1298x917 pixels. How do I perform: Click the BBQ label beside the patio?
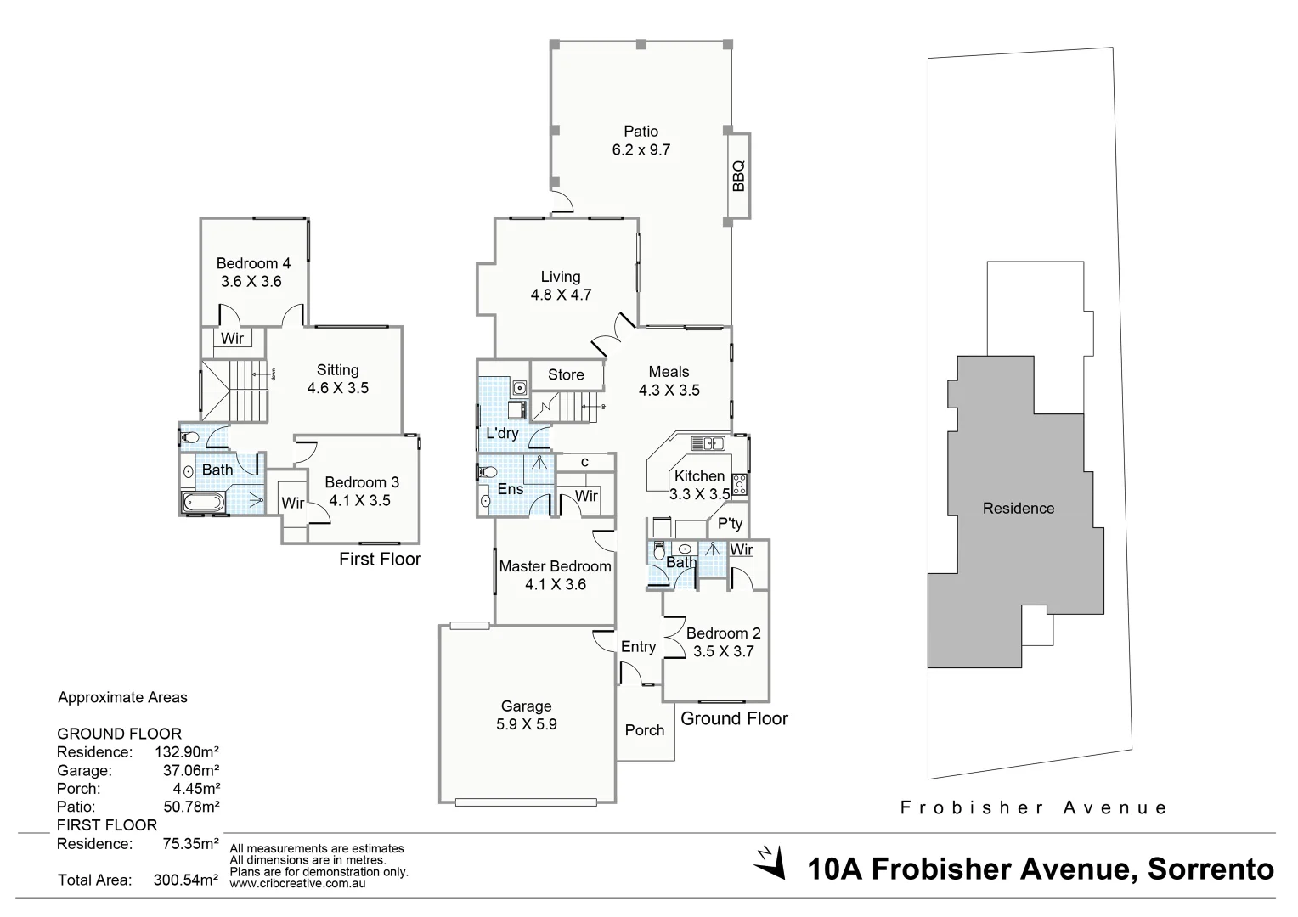tap(738, 176)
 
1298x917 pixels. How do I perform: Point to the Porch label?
tap(645, 730)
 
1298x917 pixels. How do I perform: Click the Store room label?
tap(566, 374)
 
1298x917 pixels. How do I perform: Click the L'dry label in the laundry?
tap(502, 433)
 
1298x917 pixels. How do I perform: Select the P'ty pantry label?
tap(730, 523)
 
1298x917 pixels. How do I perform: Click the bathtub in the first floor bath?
tap(204, 503)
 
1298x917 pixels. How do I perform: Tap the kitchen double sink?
tap(707, 442)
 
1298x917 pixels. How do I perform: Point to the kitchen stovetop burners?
tap(739, 485)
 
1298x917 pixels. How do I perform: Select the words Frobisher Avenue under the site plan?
tap(1034, 807)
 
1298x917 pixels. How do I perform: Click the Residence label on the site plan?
tap(1019, 508)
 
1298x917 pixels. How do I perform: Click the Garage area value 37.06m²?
tap(191, 771)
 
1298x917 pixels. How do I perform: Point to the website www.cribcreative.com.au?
tap(297, 884)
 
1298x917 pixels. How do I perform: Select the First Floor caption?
tap(380, 560)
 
